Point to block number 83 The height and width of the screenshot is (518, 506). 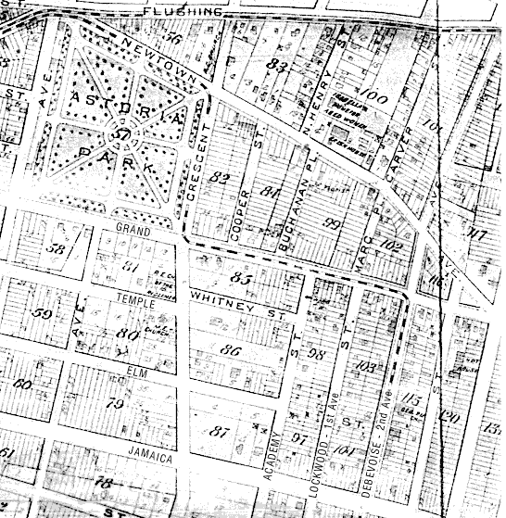(x=274, y=66)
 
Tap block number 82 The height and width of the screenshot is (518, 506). (x=220, y=177)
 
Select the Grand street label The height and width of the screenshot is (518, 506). (x=132, y=227)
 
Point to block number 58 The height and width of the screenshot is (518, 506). (x=57, y=249)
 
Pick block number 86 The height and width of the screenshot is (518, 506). (x=231, y=349)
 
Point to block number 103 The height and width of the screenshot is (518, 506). (x=367, y=368)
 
